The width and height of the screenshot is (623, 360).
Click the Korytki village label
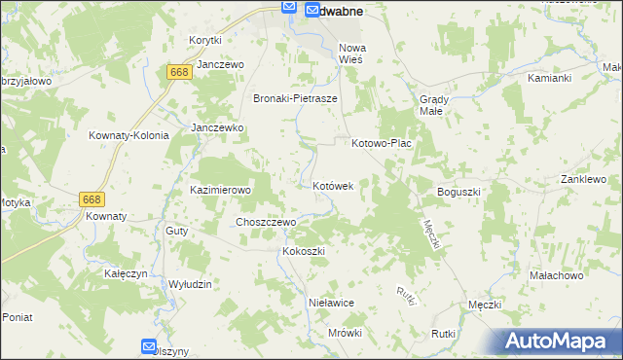(205, 40)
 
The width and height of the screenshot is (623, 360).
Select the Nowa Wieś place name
(350, 53)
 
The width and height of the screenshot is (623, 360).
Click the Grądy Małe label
(432, 104)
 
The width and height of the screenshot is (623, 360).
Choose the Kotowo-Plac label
(382, 143)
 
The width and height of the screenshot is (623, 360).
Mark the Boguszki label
(459, 192)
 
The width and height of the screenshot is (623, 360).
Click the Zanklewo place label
(583, 180)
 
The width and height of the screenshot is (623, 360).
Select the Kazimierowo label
(221, 190)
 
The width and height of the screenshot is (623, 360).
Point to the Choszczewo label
(266, 222)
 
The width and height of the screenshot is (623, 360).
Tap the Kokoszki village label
(303, 251)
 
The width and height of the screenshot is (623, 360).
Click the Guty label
(176, 231)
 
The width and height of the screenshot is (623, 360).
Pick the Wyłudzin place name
(190, 283)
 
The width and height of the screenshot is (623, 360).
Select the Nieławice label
(331, 303)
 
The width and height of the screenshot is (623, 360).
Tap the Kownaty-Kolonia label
(128, 135)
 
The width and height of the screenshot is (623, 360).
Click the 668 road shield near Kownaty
(92, 198)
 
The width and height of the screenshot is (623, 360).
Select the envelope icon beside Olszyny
(148, 345)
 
